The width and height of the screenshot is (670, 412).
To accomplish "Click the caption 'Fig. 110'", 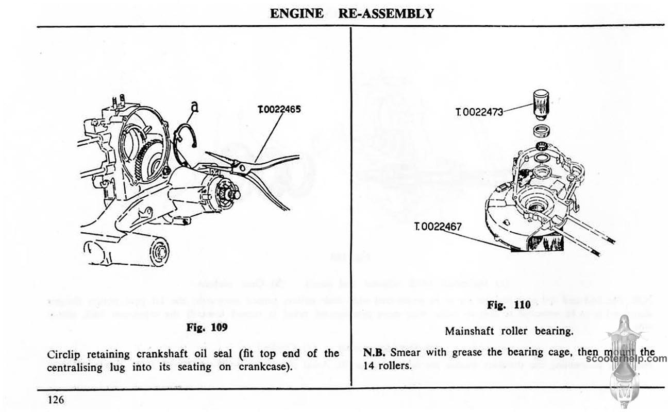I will pos(509,305).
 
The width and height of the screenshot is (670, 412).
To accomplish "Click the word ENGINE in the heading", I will pos(297,14).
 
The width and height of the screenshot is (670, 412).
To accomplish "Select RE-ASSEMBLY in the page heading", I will pos(386,14).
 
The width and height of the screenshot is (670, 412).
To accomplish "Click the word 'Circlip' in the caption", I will pos(63,354).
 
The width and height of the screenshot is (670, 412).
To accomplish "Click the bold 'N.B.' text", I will pos(376,353).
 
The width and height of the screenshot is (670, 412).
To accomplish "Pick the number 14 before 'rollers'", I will pos(371,366).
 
